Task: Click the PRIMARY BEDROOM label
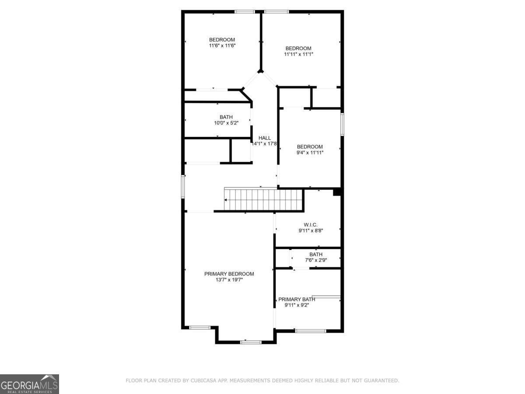[x=229, y=274]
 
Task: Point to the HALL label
[x=265, y=138]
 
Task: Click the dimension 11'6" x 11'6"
[x=222, y=46]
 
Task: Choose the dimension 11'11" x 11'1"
[x=298, y=54]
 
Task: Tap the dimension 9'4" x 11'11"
[x=310, y=153]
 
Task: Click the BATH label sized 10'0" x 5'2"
[x=226, y=117]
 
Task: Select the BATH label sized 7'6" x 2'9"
[x=316, y=254]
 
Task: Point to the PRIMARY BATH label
[x=297, y=299]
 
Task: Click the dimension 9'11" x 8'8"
[x=311, y=230]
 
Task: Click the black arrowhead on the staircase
[x=226, y=200]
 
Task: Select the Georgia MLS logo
[x=29, y=384]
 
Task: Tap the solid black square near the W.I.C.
[x=337, y=192]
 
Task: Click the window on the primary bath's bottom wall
[x=311, y=331]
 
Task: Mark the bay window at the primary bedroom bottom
[x=251, y=341]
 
